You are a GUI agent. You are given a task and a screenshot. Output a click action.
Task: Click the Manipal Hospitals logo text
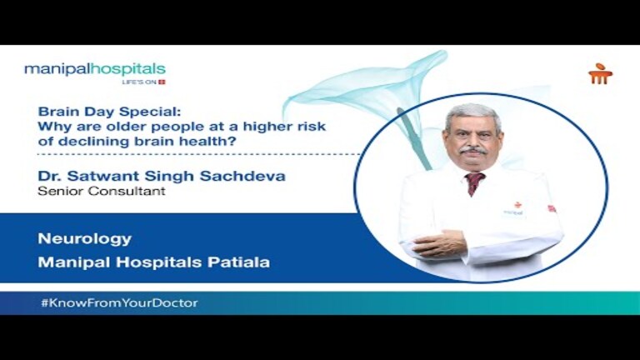[94, 69]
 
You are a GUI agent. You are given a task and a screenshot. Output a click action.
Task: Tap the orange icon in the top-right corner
[600, 74]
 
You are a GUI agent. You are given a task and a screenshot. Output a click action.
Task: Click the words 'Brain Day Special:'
[92, 111]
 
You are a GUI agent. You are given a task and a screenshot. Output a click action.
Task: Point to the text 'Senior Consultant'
[87, 191]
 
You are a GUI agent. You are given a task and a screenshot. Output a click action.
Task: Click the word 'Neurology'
[84, 239]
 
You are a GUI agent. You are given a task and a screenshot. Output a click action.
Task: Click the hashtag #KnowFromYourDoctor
[119, 302]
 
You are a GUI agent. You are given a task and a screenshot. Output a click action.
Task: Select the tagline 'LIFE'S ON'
[139, 82]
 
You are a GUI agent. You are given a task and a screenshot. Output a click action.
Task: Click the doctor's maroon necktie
[475, 182]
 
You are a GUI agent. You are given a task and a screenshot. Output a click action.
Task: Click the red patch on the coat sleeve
[552, 208]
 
